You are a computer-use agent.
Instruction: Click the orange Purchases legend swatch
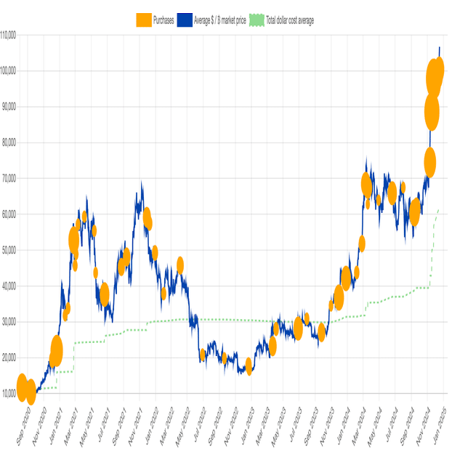click(x=144, y=20)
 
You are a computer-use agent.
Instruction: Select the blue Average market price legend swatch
click(x=185, y=20)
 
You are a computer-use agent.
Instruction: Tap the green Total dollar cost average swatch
click(x=257, y=20)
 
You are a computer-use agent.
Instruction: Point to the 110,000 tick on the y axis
click(x=9, y=35)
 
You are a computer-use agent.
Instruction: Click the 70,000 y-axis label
click(x=9, y=178)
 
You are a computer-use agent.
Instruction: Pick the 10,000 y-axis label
click(x=9, y=393)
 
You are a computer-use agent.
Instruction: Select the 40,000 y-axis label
click(x=9, y=286)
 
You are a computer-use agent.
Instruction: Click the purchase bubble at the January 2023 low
click(x=249, y=367)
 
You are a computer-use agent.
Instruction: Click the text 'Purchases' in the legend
click(x=164, y=20)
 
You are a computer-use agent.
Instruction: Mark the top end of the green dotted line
click(x=439, y=210)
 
